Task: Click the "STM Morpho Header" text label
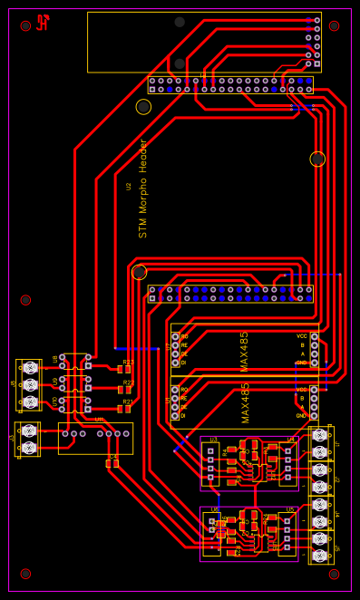(143, 189)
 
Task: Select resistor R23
(124, 369)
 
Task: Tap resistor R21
(124, 409)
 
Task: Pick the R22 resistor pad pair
(124, 390)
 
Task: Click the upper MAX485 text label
(244, 351)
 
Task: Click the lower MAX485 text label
(245, 402)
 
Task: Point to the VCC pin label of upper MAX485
(301, 336)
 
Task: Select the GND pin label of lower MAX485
(301, 415)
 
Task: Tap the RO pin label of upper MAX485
(184, 336)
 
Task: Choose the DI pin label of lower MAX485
(184, 415)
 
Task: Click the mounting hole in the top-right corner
(334, 26)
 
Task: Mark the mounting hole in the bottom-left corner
(25, 574)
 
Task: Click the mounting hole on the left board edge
(25, 300)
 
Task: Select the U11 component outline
(95, 438)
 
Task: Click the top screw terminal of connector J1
(319, 435)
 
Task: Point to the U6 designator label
(214, 509)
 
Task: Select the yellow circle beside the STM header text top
(143, 107)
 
